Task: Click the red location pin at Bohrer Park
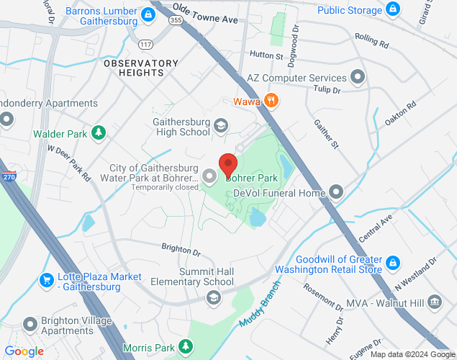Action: [228, 165]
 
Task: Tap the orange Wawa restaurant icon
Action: [271, 100]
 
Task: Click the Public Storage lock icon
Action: [393, 10]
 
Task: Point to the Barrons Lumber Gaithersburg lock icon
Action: [148, 14]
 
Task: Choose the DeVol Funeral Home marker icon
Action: [336, 192]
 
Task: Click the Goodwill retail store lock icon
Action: [393, 262]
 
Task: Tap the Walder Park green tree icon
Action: [98, 133]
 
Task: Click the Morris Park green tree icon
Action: [186, 347]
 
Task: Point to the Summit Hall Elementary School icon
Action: [213, 297]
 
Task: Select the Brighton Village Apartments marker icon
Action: [30, 324]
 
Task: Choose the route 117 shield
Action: [147, 45]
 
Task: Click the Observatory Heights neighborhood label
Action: [141, 68]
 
